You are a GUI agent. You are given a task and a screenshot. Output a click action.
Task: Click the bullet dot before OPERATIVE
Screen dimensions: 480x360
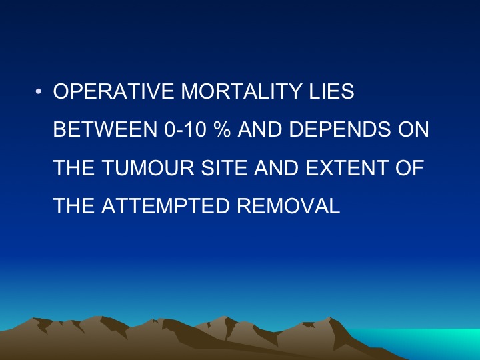[38, 91]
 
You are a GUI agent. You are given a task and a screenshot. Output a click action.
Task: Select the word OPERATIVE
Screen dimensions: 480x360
[114, 91]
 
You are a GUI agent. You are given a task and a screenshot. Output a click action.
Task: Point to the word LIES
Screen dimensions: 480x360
[331, 91]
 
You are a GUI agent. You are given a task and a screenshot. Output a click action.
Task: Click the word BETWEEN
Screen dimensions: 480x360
[105, 129]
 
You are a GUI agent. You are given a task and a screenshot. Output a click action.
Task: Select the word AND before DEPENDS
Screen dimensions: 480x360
[260, 129]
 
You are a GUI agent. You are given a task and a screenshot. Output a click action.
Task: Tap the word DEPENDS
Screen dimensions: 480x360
[340, 129]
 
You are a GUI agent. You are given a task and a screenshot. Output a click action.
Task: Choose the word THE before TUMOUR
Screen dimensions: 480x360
[74, 167]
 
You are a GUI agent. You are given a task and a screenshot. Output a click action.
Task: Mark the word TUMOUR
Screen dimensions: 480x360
[148, 167]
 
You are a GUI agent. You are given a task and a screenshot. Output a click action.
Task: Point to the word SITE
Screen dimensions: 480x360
[224, 167]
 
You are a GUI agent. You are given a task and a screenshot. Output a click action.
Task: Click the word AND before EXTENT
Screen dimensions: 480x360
[277, 167]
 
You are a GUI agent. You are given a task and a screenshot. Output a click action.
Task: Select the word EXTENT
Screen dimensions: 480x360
[347, 167]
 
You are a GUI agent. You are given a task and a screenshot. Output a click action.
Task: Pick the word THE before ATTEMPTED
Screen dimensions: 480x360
[74, 206]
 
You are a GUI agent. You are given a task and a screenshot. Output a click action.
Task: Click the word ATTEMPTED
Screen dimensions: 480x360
[165, 206]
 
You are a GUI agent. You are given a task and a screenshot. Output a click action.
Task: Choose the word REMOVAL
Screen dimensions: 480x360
[289, 206]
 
